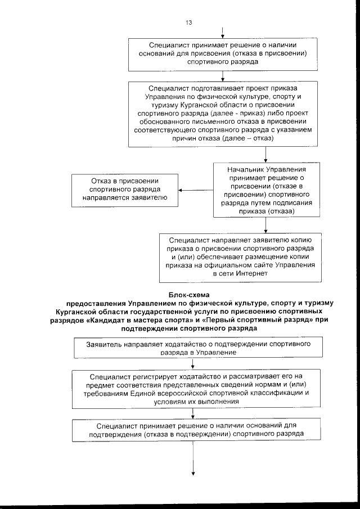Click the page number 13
tap(188, 22)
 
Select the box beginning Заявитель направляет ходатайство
tap(192, 347)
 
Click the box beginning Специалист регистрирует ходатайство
tap(192, 388)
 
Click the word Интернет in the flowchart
tap(250, 273)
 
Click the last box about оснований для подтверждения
tap(192, 430)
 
